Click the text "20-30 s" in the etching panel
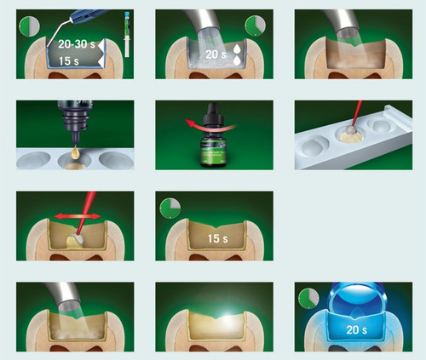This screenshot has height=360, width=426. pyautogui.click(x=77, y=44)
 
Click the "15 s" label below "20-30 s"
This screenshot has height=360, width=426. pyautogui.click(x=69, y=61)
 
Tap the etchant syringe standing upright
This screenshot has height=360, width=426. pyautogui.click(x=127, y=34)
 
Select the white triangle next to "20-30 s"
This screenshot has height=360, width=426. pyautogui.click(x=101, y=45)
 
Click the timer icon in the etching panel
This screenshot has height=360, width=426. pyautogui.click(x=30, y=26)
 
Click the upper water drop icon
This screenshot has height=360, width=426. pyautogui.click(x=237, y=49)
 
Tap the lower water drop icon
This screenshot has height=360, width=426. pyautogui.click(x=237, y=60)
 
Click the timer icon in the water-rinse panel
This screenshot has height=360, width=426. pyautogui.click(x=255, y=26)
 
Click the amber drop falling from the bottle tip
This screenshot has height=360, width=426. pyautogui.click(x=76, y=153)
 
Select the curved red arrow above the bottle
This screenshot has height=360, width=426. pyautogui.click(x=211, y=124)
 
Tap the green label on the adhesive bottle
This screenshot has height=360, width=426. pyautogui.click(x=215, y=154)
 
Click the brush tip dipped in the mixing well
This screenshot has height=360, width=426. pyautogui.click(x=351, y=130)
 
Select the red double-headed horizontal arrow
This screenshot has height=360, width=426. pyautogui.click(x=78, y=216)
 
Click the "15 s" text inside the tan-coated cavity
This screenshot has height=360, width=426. pyautogui.click(x=217, y=238)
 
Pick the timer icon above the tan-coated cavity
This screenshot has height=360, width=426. pyautogui.click(x=170, y=209)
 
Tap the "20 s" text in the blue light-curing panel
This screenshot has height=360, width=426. pyautogui.click(x=357, y=329)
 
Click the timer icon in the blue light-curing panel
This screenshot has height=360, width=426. pyautogui.click(x=308, y=299)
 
